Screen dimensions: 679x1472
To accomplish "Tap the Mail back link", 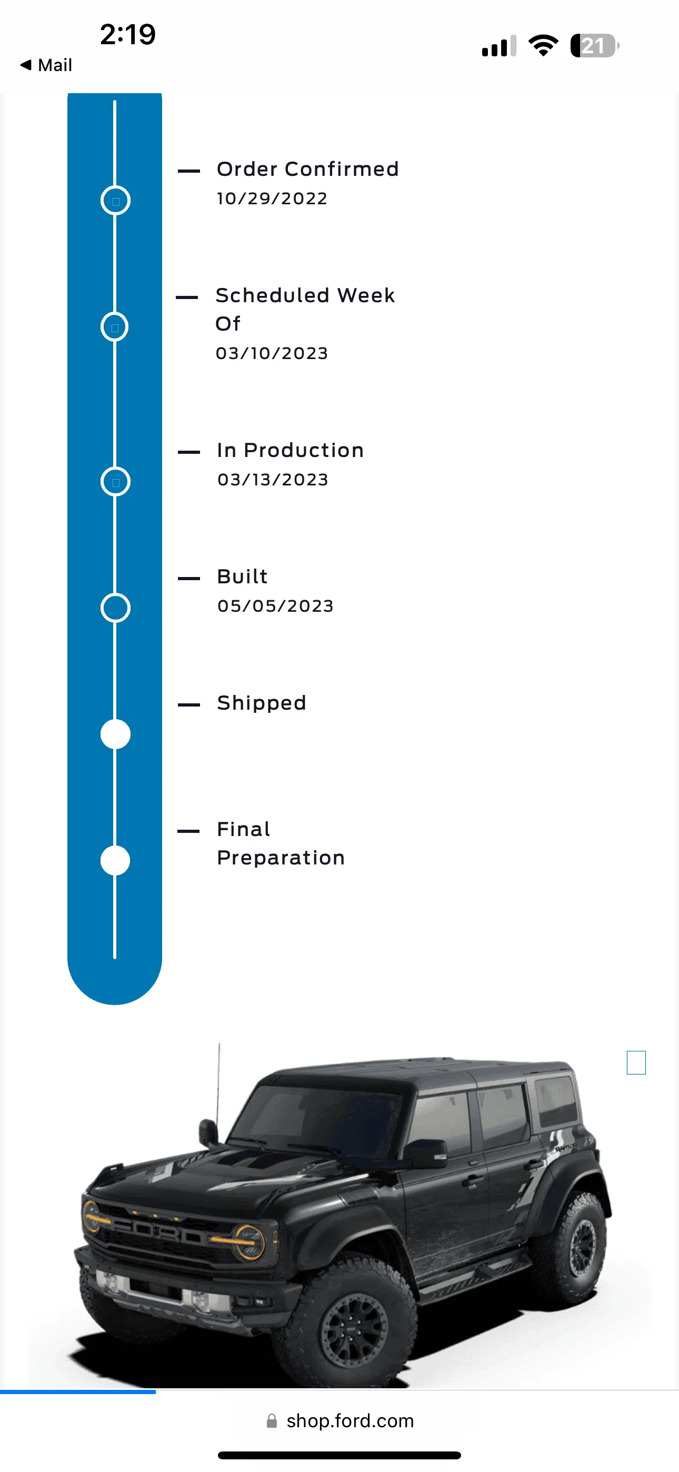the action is pos(46,65).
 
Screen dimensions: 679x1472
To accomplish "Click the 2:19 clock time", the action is pos(127,34).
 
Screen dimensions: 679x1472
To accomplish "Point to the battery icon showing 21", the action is pos(594,46).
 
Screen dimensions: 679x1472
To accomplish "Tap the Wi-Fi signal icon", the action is pos(543,46).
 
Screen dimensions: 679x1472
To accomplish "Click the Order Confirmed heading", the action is pos(307,169).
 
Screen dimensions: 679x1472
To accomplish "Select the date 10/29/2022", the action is pos(272,198).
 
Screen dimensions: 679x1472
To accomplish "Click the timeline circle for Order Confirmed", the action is pos(115,201).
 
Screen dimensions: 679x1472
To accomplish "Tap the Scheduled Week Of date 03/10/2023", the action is pos(272,353).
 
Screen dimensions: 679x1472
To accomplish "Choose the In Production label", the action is pos(291,450).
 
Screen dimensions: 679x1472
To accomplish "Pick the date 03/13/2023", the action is pos(273,480).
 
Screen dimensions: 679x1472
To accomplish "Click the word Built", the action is pos(242,576).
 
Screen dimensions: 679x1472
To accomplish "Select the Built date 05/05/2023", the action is pos(275,606).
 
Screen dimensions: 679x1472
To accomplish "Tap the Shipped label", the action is pos(262,703).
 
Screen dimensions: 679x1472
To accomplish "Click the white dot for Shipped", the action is pos(115,734).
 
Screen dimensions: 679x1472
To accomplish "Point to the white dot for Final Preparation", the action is pos(115,861).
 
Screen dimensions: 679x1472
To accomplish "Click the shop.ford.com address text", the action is pos(350,1420).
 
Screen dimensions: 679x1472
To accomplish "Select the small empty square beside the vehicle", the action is pos(636,1063).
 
